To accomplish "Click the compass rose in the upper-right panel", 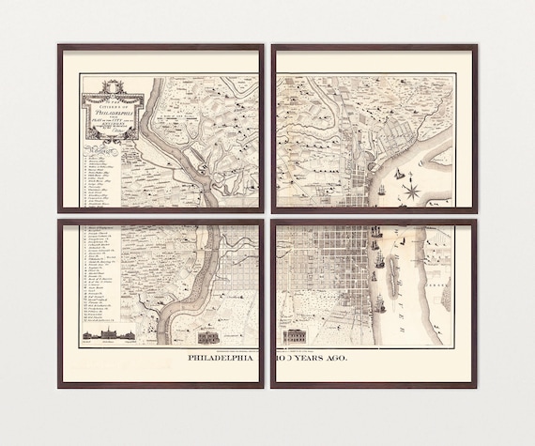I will click(x=411, y=191).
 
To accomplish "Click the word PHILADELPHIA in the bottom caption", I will click(x=225, y=357).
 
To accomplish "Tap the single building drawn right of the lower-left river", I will click(x=209, y=335).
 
